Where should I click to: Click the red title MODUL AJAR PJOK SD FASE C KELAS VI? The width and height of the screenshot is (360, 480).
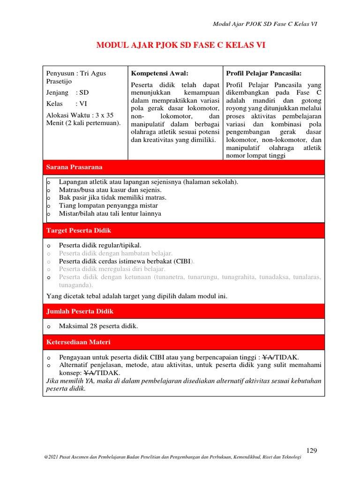coord(183,45)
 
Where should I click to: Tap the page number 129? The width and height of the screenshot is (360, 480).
coord(312,450)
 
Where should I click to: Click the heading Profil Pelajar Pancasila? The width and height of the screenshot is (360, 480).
coord(263,74)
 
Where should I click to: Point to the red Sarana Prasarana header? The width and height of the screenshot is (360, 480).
coord(74,167)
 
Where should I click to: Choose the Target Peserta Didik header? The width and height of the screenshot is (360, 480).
coord(78,231)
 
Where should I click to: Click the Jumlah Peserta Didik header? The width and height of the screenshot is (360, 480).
coord(80,311)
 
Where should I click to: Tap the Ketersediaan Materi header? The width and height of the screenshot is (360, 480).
coord(78,342)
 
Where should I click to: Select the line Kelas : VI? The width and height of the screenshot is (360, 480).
coord(67,104)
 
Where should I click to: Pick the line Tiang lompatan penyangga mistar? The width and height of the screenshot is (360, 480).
coord(108,205)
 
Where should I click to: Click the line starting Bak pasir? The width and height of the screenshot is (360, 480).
coord(112,197)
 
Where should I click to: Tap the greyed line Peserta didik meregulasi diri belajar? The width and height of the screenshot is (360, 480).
coord(112,269)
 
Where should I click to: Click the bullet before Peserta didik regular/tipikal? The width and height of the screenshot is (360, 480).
coord(48,245)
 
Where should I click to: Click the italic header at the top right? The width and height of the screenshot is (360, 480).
coord(265,24)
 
